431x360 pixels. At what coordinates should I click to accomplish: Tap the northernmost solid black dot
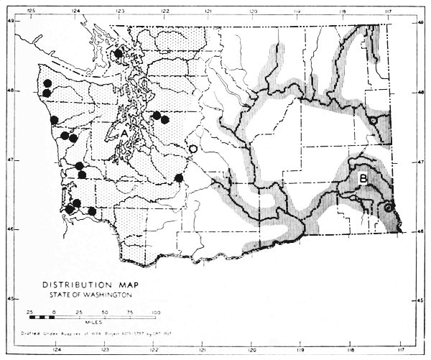(x=119, y=53)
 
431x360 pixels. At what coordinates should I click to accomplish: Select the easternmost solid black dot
(x=179, y=178)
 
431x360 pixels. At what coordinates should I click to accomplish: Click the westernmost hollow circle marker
(x=192, y=149)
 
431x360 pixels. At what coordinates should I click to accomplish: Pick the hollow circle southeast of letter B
(x=388, y=207)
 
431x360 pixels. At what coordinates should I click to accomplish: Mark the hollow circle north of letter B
(x=374, y=121)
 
